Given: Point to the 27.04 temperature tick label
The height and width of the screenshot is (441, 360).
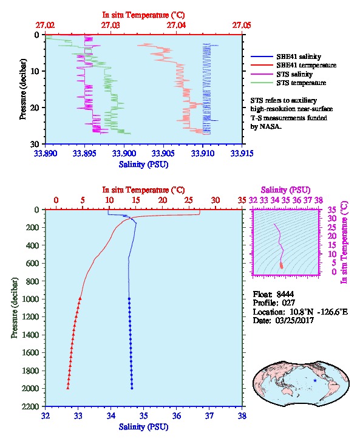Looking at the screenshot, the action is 176,26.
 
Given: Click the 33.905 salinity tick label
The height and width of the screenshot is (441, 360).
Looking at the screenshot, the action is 163,153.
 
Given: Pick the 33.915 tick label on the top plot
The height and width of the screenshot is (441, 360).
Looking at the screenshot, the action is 242,153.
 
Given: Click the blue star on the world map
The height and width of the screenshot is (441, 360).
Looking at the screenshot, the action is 315,380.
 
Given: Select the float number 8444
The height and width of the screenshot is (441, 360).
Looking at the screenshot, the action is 285,294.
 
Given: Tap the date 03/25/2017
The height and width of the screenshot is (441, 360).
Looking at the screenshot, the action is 294,320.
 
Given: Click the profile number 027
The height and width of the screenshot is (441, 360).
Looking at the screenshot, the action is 288,303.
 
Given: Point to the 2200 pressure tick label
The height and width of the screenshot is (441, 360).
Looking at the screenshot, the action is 30,406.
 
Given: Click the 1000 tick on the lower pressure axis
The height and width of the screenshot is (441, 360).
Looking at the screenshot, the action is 30,299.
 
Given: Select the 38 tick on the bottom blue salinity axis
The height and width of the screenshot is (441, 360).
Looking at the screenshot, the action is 242,415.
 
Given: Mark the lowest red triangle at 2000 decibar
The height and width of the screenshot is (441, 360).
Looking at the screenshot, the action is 68,388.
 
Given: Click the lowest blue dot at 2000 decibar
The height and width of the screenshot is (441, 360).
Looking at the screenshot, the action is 132,388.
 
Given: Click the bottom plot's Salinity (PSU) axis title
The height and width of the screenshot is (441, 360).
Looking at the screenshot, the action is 144,427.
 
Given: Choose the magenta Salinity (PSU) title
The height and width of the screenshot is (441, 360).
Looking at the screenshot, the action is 285,190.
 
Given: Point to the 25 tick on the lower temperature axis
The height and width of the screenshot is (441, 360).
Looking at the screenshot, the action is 189,200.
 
